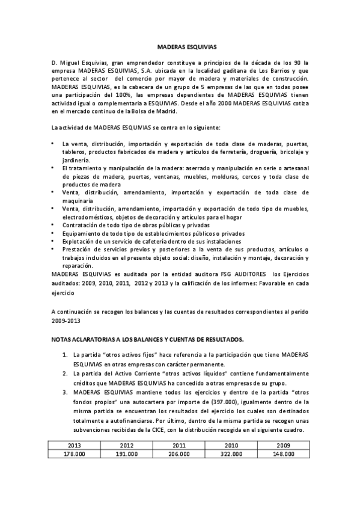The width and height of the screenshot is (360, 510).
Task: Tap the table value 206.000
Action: pyautogui.click(x=180, y=455)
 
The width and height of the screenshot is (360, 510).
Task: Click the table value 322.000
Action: pyautogui.click(x=231, y=455)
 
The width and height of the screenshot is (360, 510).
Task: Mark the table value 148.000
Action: pyautogui.click(x=283, y=455)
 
